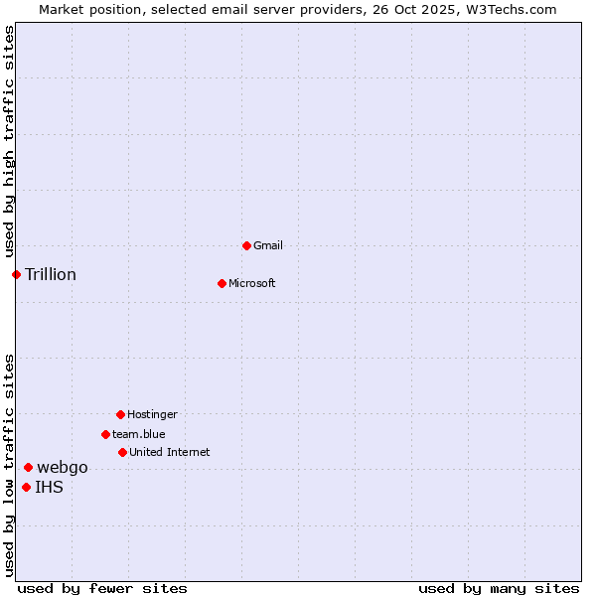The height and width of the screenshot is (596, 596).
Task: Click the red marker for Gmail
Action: pyautogui.click(x=246, y=245)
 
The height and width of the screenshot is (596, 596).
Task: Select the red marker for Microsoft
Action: pyautogui.click(x=223, y=283)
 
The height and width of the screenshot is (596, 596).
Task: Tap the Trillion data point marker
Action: pyautogui.click(x=16, y=274)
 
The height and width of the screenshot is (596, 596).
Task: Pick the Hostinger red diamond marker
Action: pyautogui.click(x=120, y=414)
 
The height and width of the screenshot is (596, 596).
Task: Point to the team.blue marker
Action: pyautogui.click(x=105, y=434)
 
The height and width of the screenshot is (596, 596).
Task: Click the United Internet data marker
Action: pyautogui.click(x=122, y=452)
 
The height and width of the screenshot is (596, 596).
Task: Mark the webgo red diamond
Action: pyautogui.click(x=28, y=467)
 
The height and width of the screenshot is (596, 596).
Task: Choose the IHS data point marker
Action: pyautogui.click(x=26, y=487)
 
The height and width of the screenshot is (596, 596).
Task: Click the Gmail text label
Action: pyautogui.click(x=268, y=245)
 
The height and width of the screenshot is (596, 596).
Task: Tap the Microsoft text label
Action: pyautogui.click(x=252, y=283)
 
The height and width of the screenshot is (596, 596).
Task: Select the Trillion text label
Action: pyautogui.click(x=51, y=274)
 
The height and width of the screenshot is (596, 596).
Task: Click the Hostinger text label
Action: pyautogui.click(x=152, y=414)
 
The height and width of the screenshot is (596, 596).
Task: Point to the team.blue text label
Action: pyautogui.click(x=139, y=434)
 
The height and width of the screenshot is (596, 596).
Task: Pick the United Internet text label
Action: pyautogui.click(x=170, y=452)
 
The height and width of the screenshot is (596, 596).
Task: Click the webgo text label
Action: pyautogui.click(x=63, y=467)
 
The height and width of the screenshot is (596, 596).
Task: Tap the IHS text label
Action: pyautogui.click(x=49, y=487)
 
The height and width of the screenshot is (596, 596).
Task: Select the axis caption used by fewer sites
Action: pyautogui.click(x=102, y=588)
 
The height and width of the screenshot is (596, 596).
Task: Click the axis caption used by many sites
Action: pyautogui.click(x=499, y=588)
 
